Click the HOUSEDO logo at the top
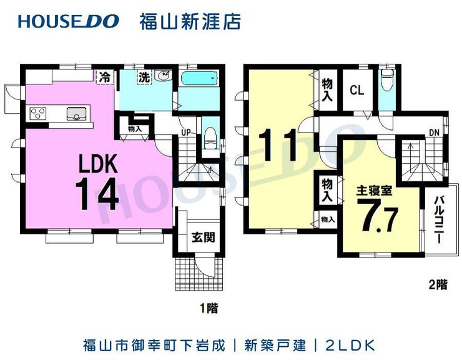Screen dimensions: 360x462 [x=68, y=21]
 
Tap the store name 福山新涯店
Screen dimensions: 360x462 [x=190, y=21]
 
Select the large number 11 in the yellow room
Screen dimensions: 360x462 [x=277, y=145]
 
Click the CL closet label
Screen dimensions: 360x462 [x=356, y=90]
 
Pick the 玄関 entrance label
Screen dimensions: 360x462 [x=202, y=237]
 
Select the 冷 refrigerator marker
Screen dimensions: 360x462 [x=105, y=77]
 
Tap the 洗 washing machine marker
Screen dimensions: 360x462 [x=144, y=78]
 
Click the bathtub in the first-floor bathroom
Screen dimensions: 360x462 [x=199, y=80]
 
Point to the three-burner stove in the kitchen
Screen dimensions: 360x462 [x=38, y=114]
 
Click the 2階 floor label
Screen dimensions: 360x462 [x=438, y=284]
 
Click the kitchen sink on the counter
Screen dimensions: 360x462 [x=77, y=114]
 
